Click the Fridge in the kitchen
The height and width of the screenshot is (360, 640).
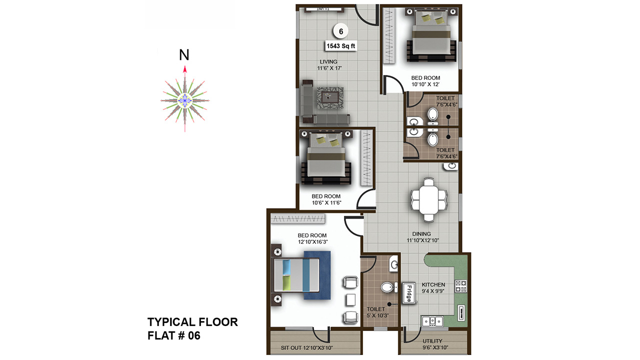tap(409, 293)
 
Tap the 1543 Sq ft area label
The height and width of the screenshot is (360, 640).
tap(341, 46)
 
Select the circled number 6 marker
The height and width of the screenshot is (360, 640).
tap(341, 31)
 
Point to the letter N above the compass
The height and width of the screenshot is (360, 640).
tap(184, 55)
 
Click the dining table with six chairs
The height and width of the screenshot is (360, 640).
tap(428, 199)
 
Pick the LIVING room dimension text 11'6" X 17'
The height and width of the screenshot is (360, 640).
tap(329, 68)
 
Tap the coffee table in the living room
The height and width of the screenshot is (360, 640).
tap(330, 98)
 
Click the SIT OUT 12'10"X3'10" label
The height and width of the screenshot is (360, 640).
tap(307, 348)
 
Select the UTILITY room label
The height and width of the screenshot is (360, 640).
tap(432, 341)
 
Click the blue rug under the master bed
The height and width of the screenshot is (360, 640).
tap(317, 275)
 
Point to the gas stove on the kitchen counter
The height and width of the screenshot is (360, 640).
tap(461, 286)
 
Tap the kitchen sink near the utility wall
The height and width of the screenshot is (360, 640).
tap(432, 321)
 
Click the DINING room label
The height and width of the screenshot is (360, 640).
tap(421, 234)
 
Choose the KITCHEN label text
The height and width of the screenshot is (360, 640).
tap(433, 285)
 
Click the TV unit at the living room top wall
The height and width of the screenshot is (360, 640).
tap(324, 9)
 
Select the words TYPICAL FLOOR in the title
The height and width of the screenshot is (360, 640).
tap(192, 322)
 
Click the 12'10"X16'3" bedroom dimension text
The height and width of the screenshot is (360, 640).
tap(313, 242)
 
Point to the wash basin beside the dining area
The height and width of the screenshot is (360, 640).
tap(451, 166)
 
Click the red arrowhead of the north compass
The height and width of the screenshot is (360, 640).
tap(185, 69)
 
